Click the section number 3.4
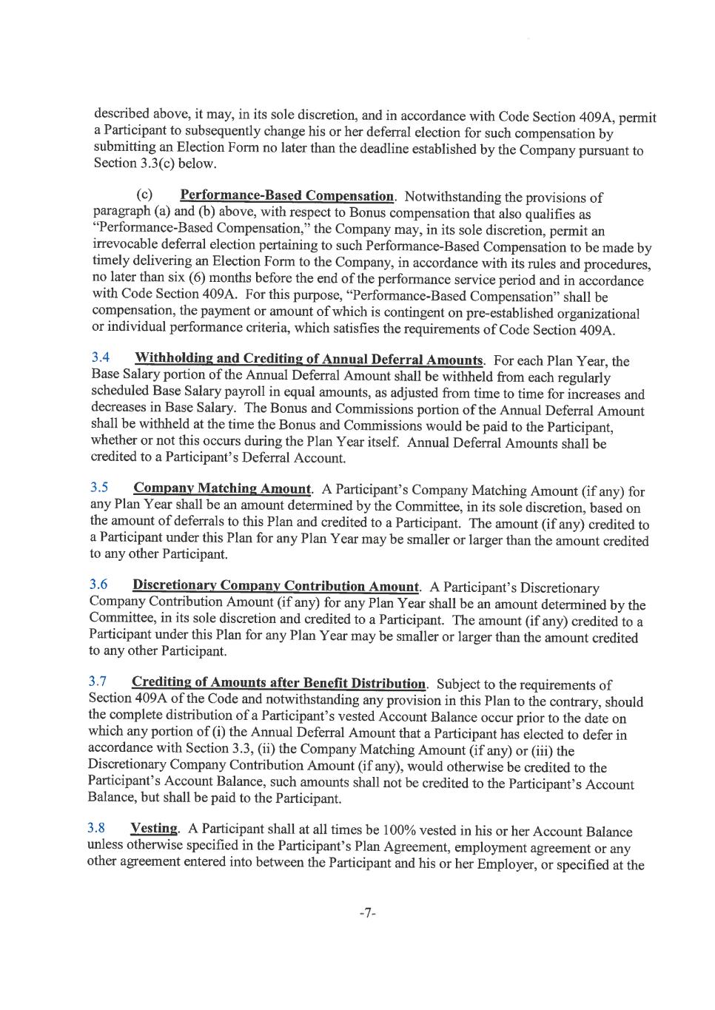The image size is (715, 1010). coord(101,357)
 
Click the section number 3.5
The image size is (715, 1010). coord(99,487)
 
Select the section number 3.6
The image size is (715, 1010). coord(98,584)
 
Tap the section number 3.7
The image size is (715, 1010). coord(98,681)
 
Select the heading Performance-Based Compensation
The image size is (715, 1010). coord(287,196)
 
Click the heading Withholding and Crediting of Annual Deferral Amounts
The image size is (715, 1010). coord(309,360)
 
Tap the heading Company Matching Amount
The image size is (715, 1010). coord(222,488)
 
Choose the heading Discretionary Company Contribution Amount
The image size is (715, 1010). coord(275,586)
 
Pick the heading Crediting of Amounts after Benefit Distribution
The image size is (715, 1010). coord(278,683)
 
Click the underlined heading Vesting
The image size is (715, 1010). coord(154,829)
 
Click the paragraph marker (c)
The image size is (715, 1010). coord(144,195)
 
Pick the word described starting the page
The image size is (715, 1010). coord(122,114)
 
